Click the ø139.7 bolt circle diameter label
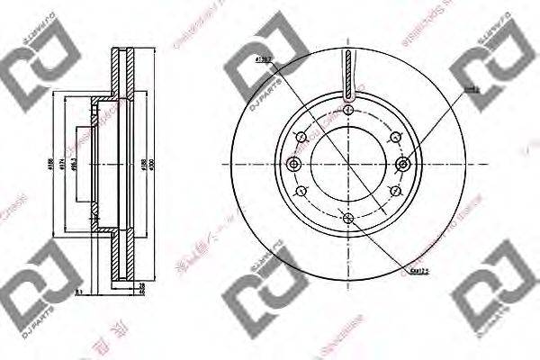pos(264,61)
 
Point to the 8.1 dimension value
pos(78,291)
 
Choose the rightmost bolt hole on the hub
pos(402,164)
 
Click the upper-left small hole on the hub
pos(301,138)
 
